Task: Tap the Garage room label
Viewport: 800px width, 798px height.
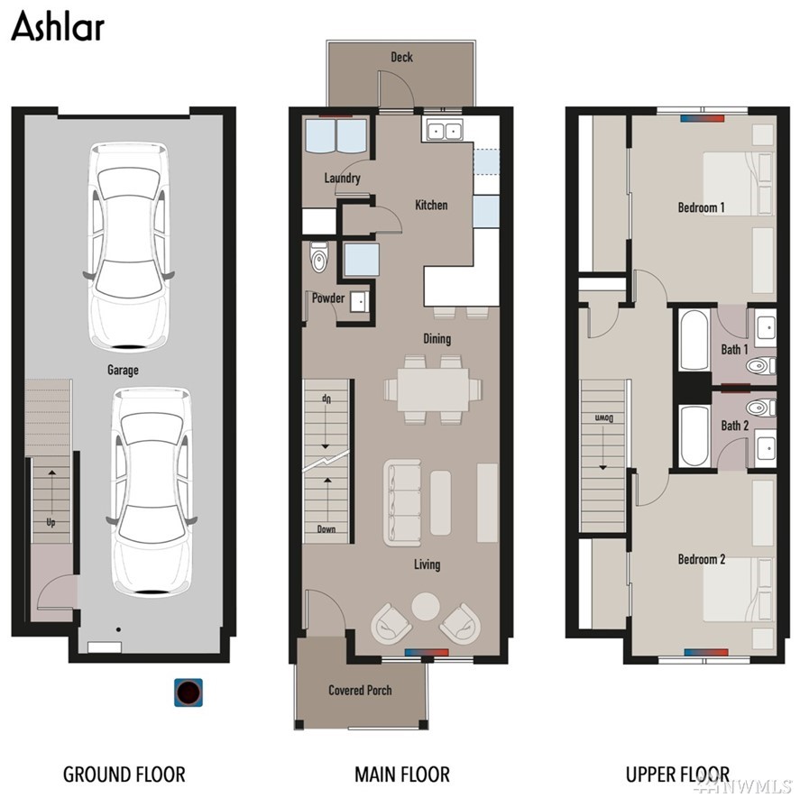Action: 123,370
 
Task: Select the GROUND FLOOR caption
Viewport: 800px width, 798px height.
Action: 124,774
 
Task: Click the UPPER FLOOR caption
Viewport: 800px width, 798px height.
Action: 677,774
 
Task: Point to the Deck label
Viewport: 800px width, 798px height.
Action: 401,57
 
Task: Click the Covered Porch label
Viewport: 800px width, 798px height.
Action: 360,691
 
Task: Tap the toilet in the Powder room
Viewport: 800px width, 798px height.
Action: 319,257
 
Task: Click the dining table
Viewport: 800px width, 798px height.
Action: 433,390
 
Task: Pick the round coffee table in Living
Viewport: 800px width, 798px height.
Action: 426,606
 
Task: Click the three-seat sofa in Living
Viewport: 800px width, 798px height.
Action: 402,502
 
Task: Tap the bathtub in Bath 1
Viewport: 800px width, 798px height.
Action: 694,340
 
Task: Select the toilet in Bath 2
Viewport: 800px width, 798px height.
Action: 760,408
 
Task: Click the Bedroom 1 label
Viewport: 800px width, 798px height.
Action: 701,207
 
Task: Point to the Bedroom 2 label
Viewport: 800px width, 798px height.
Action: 701,560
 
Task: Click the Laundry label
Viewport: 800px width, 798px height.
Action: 342,178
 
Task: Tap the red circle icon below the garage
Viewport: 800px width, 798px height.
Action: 189,693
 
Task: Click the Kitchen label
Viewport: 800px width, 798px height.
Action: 431,205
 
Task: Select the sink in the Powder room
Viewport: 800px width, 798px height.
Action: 360,302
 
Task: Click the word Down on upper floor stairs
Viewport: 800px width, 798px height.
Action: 603,418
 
